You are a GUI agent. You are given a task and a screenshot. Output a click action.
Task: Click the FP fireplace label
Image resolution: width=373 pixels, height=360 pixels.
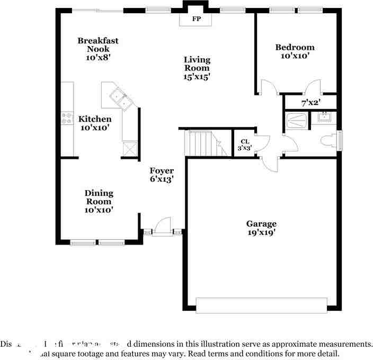[196, 19]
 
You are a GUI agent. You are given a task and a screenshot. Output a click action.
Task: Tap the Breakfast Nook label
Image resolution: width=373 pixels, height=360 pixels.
[98, 44]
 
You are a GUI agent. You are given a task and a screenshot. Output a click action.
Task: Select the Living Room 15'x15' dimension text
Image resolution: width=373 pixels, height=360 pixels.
[197, 76]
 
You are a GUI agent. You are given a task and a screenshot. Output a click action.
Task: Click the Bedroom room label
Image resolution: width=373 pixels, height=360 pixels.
[295, 47]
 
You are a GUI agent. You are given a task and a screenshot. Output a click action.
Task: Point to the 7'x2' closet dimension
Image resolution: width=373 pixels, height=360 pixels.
[310, 103]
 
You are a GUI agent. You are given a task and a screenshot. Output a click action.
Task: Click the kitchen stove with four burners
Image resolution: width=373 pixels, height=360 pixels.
[67, 118]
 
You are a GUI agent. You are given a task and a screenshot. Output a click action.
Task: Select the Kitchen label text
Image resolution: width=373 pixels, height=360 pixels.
[95, 119]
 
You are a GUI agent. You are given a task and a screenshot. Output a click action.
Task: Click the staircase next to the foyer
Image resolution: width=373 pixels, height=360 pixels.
[201, 143]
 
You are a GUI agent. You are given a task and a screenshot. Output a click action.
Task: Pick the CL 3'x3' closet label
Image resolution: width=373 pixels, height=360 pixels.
[244, 145]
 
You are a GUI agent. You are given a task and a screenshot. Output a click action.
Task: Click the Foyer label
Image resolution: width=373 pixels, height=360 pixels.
[162, 170]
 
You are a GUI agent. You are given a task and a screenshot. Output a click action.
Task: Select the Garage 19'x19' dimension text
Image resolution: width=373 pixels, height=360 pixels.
[261, 232]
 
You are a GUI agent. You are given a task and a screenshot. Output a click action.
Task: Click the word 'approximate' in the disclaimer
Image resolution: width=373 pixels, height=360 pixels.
[297, 344]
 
